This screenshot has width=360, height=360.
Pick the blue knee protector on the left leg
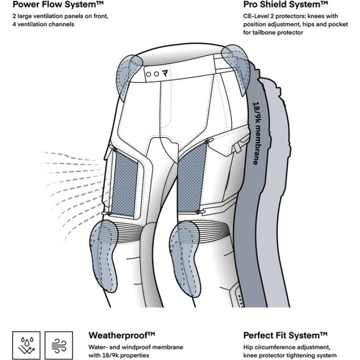pyautogui.click(x=106, y=250)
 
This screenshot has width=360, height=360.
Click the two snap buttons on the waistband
pyautogui.click(x=152, y=73)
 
